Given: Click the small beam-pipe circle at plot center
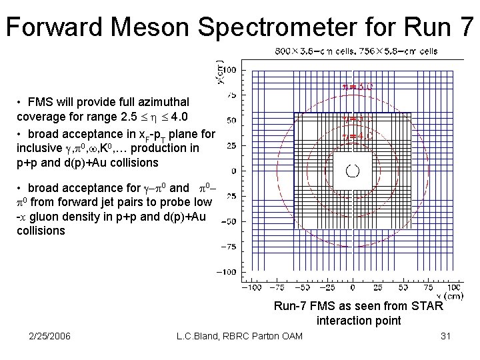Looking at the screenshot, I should coord(353,171).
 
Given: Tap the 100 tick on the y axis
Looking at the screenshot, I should coord(231,70).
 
